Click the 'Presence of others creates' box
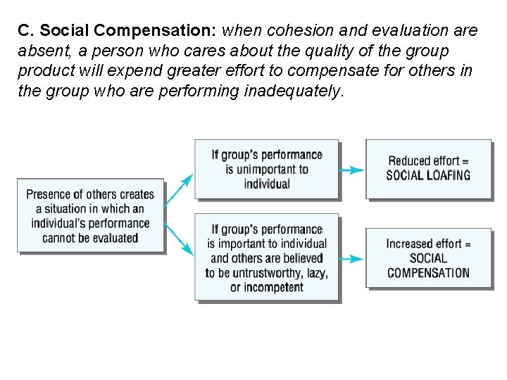point(90,215)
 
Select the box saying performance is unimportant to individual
point(266,169)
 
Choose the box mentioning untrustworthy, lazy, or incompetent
point(266,258)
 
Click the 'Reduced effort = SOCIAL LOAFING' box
point(427,169)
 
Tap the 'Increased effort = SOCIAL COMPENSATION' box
point(427,258)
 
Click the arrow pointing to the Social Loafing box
point(351,170)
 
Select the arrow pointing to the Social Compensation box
point(351,259)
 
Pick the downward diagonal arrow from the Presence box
point(180,239)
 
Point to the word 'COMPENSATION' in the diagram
point(427,273)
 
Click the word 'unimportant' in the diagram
point(258,169)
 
